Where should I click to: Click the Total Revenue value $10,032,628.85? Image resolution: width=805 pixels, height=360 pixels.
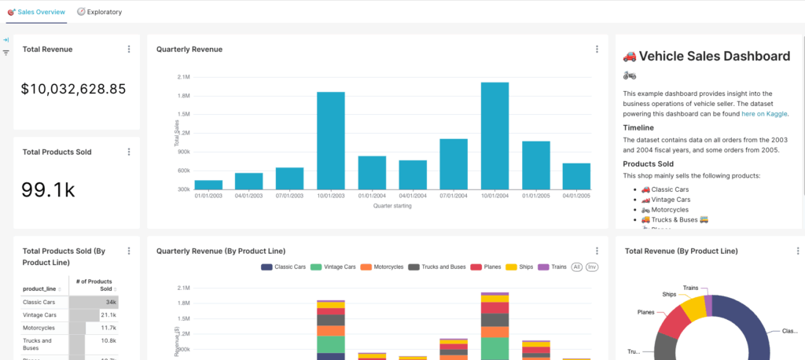(74, 89)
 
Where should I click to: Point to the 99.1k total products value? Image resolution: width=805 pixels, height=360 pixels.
(48, 189)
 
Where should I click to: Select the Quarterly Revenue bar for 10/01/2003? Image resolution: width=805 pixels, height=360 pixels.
(331, 141)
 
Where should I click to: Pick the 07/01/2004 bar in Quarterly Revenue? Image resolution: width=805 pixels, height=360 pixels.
(454, 163)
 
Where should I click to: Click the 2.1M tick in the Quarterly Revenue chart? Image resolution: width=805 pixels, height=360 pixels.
(183, 77)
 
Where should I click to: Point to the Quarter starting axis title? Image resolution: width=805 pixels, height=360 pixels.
(392, 206)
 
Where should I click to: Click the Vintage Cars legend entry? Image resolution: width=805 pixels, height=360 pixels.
(333, 267)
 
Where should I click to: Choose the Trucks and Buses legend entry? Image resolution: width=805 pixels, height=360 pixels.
(437, 267)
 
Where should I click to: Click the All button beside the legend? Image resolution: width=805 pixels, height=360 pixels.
(577, 267)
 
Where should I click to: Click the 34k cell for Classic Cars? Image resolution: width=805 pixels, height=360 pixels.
(111, 302)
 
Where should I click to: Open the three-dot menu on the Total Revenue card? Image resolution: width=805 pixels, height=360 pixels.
(129, 50)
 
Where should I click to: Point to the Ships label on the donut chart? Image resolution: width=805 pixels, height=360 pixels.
(669, 294)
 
